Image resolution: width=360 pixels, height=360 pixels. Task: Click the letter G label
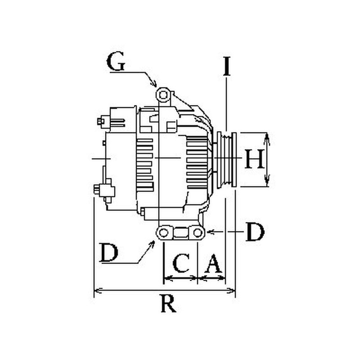click(x=116, y=61)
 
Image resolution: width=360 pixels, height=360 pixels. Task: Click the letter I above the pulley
click(x=227, y=66)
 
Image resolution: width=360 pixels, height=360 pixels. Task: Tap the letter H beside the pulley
click(x=254, y=159)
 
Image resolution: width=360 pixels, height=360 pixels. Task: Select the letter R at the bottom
click(x=169, y=303)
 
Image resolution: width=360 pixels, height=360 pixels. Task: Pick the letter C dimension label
click(x=181, y=263)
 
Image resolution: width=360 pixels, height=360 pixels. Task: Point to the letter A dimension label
click(x=213, y=263)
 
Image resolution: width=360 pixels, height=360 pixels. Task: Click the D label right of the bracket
click(x=255, y=232)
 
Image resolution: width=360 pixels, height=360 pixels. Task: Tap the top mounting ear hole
click(x=163, y=94)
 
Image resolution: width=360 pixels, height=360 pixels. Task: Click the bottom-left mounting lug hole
click(x=163, y=233)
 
